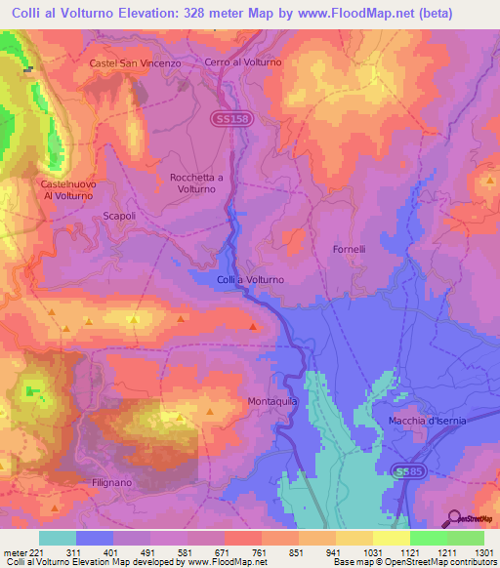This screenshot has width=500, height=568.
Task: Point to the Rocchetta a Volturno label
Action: pos(196,183)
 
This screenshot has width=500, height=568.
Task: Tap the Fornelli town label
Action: pos(347,249)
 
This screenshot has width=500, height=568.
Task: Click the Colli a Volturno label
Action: pos(250,280)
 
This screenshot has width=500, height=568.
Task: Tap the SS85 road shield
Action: pos(408,472)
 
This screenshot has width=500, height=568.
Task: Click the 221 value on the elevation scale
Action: pos(36,552)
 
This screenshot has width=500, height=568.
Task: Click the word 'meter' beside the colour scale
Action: pos(13,552)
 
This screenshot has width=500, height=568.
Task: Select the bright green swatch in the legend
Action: pos(428,538)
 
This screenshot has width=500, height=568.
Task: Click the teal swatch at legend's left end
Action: pos(58,538)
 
